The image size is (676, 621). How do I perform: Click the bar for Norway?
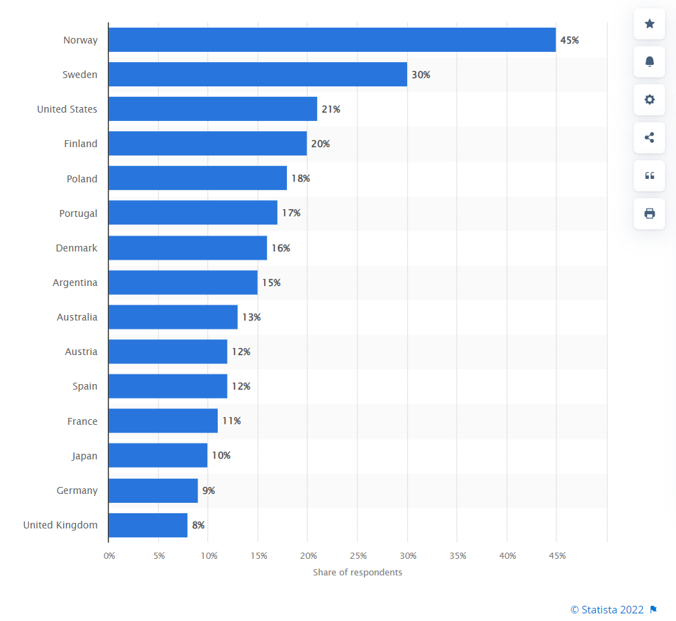coord(332,40)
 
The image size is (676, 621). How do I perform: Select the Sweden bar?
coord(258,75)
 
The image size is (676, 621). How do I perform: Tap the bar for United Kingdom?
coord(148,525)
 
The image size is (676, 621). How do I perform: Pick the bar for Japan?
coord(158,456)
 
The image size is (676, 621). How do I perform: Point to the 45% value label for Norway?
coord(569,40)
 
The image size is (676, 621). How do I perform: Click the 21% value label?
coord(330,109)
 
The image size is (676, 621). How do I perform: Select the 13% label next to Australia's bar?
coord(251,317)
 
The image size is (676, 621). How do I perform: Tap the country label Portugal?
coord(78,213)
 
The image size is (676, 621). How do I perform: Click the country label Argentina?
coord(75,283)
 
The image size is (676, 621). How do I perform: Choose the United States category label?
coord(67,109)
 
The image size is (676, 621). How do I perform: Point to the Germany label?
coord(77,490)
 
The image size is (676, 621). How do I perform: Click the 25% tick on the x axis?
coord(358,555)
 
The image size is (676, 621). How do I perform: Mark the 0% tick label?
coord(109,555)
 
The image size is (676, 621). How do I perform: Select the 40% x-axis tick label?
coord(507,555)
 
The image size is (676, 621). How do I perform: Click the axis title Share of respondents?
coord(357,572)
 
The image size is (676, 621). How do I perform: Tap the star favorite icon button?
coord(649,24)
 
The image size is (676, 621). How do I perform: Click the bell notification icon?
coord(649,61)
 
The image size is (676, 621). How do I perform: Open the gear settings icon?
coord(649,99)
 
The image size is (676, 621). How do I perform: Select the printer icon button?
coord(649,213)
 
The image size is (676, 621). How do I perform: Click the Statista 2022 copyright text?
coord(607,609)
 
